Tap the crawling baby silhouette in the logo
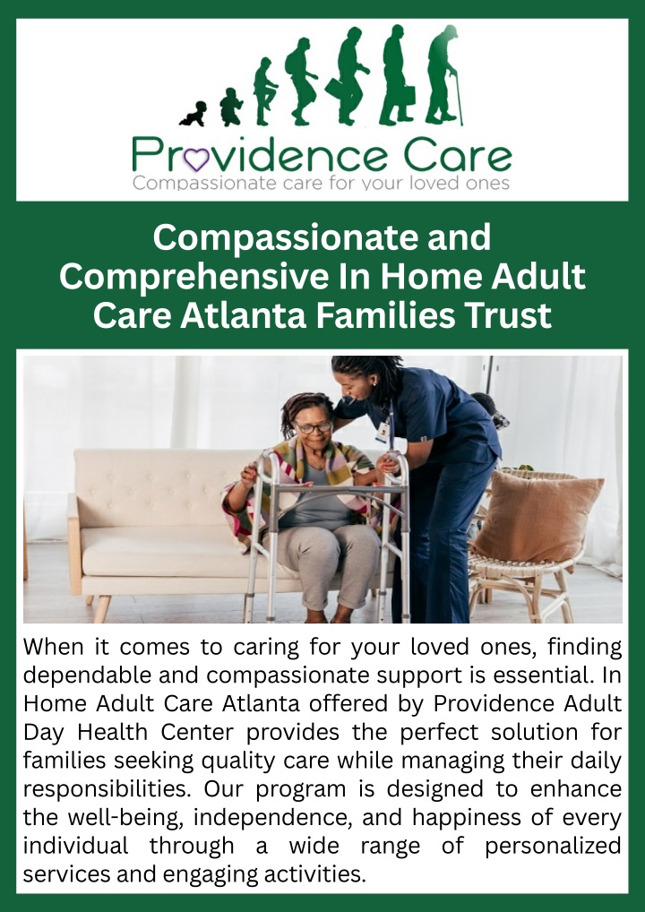click(x=193, y=114)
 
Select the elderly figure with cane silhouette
click(x=443, y=76)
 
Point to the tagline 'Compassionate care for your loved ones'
click(x=322, y=184)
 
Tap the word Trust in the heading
click(x=507, y=315)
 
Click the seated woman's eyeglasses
click(x=314, y=427)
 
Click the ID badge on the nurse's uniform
click(x=383, y=432)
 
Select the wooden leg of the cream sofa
click(x=101, y=609)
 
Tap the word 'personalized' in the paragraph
click(x=554, y=847)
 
